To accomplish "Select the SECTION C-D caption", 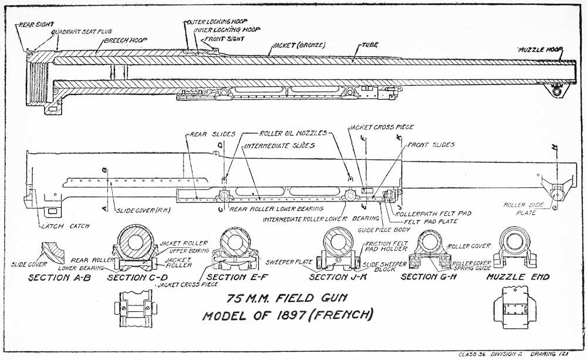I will coord(139,277).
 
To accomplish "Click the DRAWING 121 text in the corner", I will coord(551,354).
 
